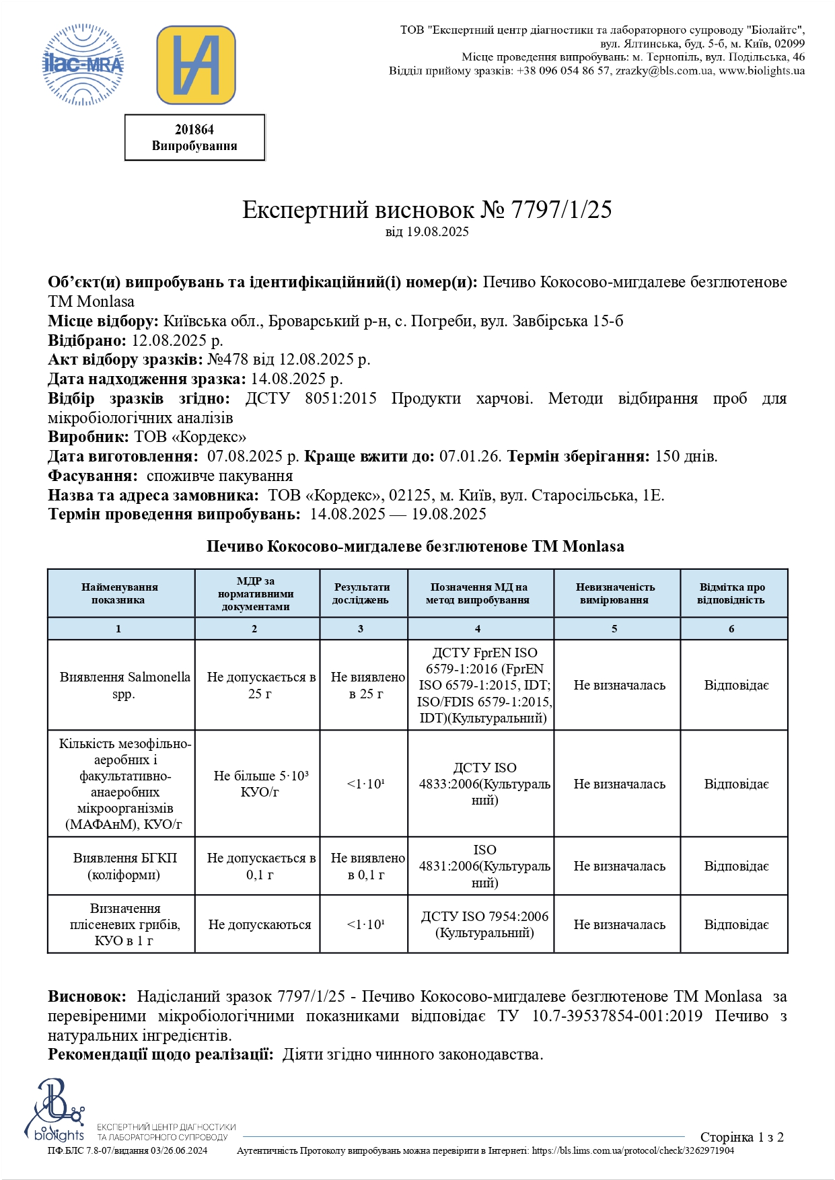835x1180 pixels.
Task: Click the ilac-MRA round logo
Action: pos(83,65)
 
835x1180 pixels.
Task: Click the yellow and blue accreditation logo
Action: pos(196,65)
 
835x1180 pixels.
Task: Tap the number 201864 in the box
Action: pos(194,130)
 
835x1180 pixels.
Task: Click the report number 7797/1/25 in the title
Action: pos(561,210)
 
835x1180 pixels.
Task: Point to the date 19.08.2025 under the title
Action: pos(437,232)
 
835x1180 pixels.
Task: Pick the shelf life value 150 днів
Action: pos(686,456)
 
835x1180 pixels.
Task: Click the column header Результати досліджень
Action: pos(361,593)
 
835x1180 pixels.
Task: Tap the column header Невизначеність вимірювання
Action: pos(615,593)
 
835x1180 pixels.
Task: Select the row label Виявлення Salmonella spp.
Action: pos(124,685)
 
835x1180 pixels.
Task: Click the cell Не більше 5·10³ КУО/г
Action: pos(260,784)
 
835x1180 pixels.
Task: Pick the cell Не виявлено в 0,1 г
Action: pos(367,866)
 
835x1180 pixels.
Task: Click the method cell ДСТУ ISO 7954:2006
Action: pos(484,924)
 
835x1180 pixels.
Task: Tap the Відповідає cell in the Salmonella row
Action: pos(736,685)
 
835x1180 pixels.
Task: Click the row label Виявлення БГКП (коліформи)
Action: pos(124,866)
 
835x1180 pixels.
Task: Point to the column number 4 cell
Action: pos(478,628)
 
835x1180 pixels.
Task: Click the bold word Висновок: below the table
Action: pos(87,996)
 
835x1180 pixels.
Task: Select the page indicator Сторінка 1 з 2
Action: pos(741,1137)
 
